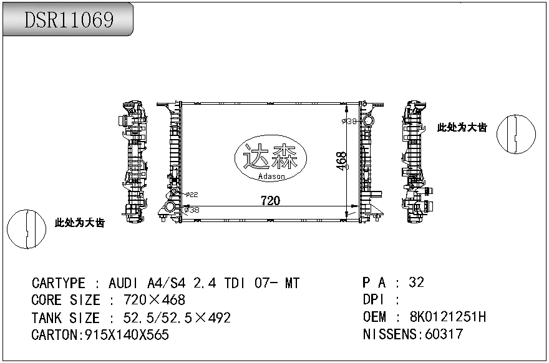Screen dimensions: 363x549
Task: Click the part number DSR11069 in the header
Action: (x=69, y=20)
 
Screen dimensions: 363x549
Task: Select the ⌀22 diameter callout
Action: (x=192, y=195)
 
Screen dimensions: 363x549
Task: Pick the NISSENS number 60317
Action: (x=444, y=334)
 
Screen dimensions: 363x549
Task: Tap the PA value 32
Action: (x=416, y=283)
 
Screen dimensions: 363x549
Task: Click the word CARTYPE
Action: (x=58, y=284)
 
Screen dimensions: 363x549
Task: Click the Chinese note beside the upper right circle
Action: (x=462, y=127)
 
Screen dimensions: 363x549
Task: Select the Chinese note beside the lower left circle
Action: (x=79, y=223)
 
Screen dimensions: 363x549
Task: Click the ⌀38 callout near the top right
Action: (x=350, y=120)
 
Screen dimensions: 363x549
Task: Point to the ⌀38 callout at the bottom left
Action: (x=192, y=210)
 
